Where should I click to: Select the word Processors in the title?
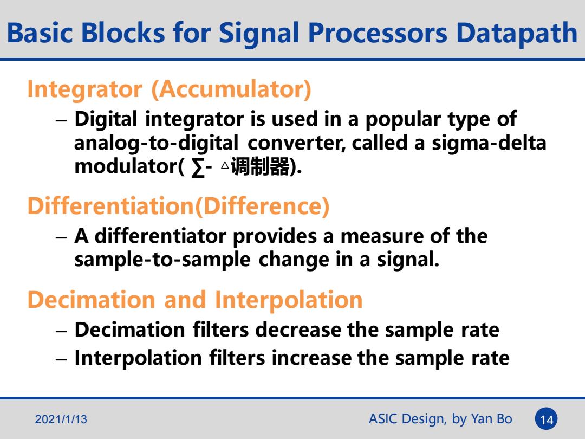pyautogui.click(x=378, y=33)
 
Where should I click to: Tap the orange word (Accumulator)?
pyautogui.click(x=231, y=89)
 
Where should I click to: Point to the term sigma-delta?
pyautogui.click(x=489, y=143)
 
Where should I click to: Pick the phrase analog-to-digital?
pyautogui.click(x=156, y=144)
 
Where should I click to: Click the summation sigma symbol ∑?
pyautogui.click(x=198, y=167)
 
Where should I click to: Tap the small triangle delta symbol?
pyautogui.click(x=225, y=165)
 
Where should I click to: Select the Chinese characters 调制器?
pyautogui.click(x=259, y=166)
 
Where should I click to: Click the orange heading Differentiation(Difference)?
pyautogui.click(x=178, y=206)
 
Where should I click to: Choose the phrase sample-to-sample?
pyautogui.click(x=162, y=260)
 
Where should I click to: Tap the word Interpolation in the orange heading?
pyautogui.click(x=289, y=300)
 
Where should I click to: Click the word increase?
pyautogui.click(x=311, y=358)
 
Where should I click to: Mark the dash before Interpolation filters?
pyautogui.click(x=61, y=359)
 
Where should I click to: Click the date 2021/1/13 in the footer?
pyautogui.click(x=61, y=419)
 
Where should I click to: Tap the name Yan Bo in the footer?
pyautogui.click(x=491, y=419)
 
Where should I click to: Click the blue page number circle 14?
pyautogui.click(x=546, y=419)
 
